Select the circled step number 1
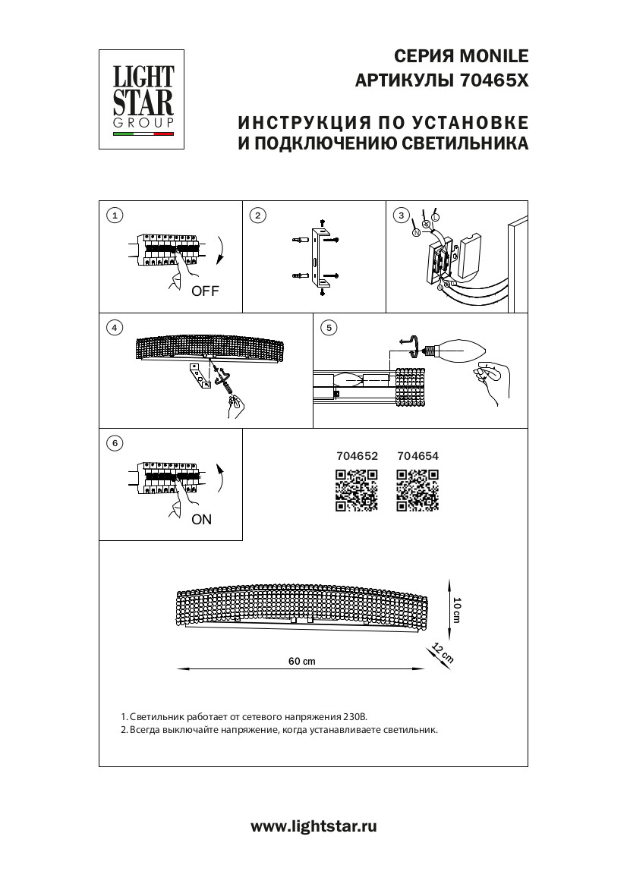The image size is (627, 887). [114, 215]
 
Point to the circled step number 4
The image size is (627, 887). [114, 328]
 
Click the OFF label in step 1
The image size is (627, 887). [205, 291]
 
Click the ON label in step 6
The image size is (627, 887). [202, 520]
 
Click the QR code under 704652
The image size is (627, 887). [356, 490]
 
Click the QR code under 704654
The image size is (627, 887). [417, 490]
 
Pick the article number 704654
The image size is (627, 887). [417, 457]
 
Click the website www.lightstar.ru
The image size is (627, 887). [313, 827]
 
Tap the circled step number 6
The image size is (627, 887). [114, 442]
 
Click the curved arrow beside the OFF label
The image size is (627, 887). [220, 250]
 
